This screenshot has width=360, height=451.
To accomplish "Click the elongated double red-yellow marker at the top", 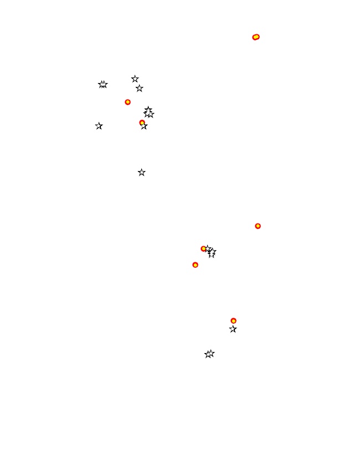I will (256, 37).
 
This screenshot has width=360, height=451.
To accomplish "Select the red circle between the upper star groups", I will (128, 102).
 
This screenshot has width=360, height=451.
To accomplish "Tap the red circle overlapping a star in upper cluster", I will (142, 122).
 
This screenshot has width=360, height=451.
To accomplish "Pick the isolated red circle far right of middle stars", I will (258, 226).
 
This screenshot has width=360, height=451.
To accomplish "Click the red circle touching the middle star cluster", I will (204, 248).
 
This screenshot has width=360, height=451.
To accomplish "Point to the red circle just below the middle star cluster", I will (195, 265).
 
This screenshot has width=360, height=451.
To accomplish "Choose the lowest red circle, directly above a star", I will (233, 320).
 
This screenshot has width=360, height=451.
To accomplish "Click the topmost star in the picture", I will (135, 79).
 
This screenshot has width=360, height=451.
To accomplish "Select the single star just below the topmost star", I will (140, 88).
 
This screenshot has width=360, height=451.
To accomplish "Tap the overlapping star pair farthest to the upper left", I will (102, 85).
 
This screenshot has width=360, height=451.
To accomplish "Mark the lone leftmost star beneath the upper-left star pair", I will (99, 126).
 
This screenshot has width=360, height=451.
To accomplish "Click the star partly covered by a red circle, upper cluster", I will (144, 126).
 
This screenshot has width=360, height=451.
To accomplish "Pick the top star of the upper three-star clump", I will (148, 110).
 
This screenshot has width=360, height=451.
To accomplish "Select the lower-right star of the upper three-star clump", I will (151, 115).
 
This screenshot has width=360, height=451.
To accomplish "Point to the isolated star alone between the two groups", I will (142, 173).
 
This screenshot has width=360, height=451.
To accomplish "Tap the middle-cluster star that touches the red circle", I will (208, 249).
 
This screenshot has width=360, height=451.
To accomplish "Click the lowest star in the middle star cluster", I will (212, 255).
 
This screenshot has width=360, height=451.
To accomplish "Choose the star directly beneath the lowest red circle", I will (233, 329).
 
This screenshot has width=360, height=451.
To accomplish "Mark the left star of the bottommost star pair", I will (208, 355).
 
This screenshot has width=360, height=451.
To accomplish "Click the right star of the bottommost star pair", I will (211, 354).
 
